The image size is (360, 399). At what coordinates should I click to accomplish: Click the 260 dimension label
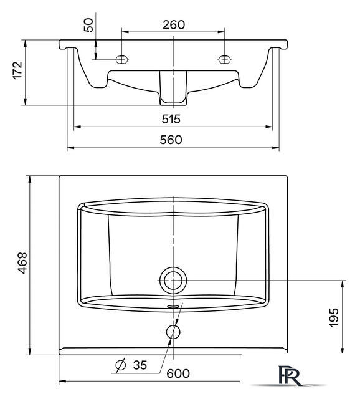(174, 25)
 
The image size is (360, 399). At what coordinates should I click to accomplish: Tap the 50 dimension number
(88, 25)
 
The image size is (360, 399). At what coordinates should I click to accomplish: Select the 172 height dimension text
(18, 70)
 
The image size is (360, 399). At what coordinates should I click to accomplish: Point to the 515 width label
(171, 119)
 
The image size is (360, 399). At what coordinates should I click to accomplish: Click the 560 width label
(171, 140)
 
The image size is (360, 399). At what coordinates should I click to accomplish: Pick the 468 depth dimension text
(22, 263)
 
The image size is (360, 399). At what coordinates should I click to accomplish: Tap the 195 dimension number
(334, 317)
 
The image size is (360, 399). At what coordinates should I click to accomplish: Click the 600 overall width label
(178, 373)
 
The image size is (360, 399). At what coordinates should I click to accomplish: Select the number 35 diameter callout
(140, 365)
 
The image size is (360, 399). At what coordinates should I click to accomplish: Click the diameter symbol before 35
(120, 365)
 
